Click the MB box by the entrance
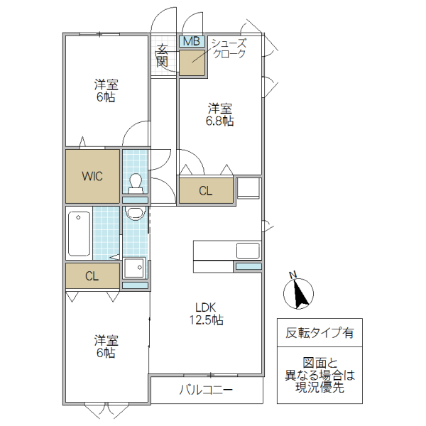(x=192, y=41)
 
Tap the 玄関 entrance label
(x=163, y=56)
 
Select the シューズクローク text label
(x=228, y=49)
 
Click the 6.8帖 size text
(x=220, y=121)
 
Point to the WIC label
(x=92, y=176)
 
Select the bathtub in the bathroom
(x=79, y=234)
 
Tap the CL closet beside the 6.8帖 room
(x=205, y=190)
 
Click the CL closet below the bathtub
(x=92, y=275)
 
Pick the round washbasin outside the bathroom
(x=133, y=213)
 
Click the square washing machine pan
(x=133, y=269)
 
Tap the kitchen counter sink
(x=247, y=251)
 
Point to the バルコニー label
(x=206, y=389)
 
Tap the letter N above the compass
(x=292, y=275)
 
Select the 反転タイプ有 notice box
(x=319, y=332)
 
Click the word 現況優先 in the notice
(x=319, y=388)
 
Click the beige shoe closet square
(x=192, y=62)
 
